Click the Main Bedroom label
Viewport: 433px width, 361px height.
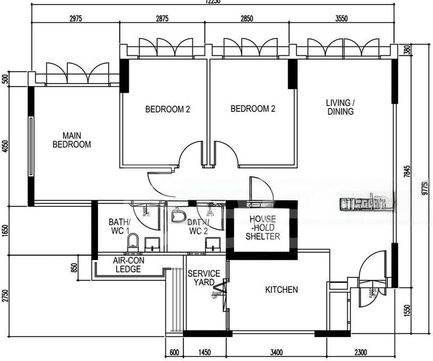pyautogui.click(x=72, y=140)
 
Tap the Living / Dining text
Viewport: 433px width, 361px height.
pyautogui.click(x=340, y=107)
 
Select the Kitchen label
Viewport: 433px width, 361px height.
pyautogui.click(x=281, y=290)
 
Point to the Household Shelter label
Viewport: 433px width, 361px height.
pyautogui.click(x=262, y=228)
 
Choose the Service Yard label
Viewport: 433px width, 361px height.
pyautogui.click(x=204, y=278)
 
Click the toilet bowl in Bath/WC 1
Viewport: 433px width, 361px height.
pyautogui.click(x=133, y=242)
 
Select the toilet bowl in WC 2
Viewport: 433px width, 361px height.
pyautogui.click(x=178, y=215)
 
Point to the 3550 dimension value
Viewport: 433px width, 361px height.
pyautogui.click(x=341, y=18)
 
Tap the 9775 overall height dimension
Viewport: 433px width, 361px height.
pyautogui.click(x=425, y=187)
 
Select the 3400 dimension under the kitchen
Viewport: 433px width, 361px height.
pyautogui.click(x=277, y=352)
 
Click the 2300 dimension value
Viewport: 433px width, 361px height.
pyautogui.click(x=361, y=352)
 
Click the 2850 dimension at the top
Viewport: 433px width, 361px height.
pyautogui.click(x=247, y=18)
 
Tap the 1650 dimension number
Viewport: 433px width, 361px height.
pyautogui.click(x=6, y=230)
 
